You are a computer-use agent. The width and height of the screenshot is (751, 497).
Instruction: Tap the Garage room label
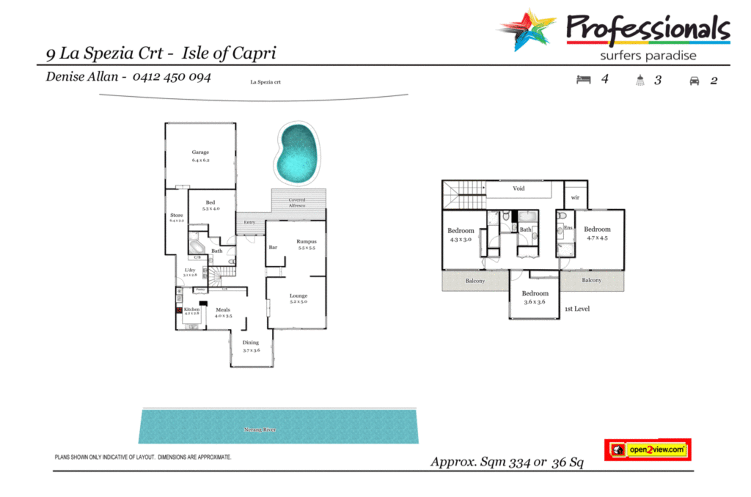200,152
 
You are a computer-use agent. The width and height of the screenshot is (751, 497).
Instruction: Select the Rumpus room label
306,241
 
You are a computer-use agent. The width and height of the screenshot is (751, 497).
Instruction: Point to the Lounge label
298,296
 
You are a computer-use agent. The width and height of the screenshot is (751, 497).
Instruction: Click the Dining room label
251,343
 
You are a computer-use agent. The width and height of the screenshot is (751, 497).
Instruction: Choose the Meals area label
223,310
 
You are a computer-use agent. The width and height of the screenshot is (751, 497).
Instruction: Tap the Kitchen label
192,309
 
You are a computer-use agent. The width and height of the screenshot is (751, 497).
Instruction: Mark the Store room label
177,215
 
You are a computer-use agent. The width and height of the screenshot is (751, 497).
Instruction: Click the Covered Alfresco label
297,202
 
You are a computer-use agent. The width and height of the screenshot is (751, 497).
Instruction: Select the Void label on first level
519,189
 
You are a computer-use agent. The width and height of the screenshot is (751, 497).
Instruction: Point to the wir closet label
575,198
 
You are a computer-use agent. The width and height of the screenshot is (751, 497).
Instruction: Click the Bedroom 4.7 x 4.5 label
597,229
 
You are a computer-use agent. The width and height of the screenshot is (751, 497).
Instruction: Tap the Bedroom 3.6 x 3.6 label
535,293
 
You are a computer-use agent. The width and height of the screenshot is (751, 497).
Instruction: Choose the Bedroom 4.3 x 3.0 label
461,231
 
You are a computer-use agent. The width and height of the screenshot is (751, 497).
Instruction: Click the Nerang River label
260,429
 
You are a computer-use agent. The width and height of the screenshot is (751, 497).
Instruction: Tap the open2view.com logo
648,449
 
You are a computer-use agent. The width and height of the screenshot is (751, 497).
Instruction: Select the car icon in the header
694,81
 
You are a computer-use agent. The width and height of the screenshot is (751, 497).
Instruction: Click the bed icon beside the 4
583,80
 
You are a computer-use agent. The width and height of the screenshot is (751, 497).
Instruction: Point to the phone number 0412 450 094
172,77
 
